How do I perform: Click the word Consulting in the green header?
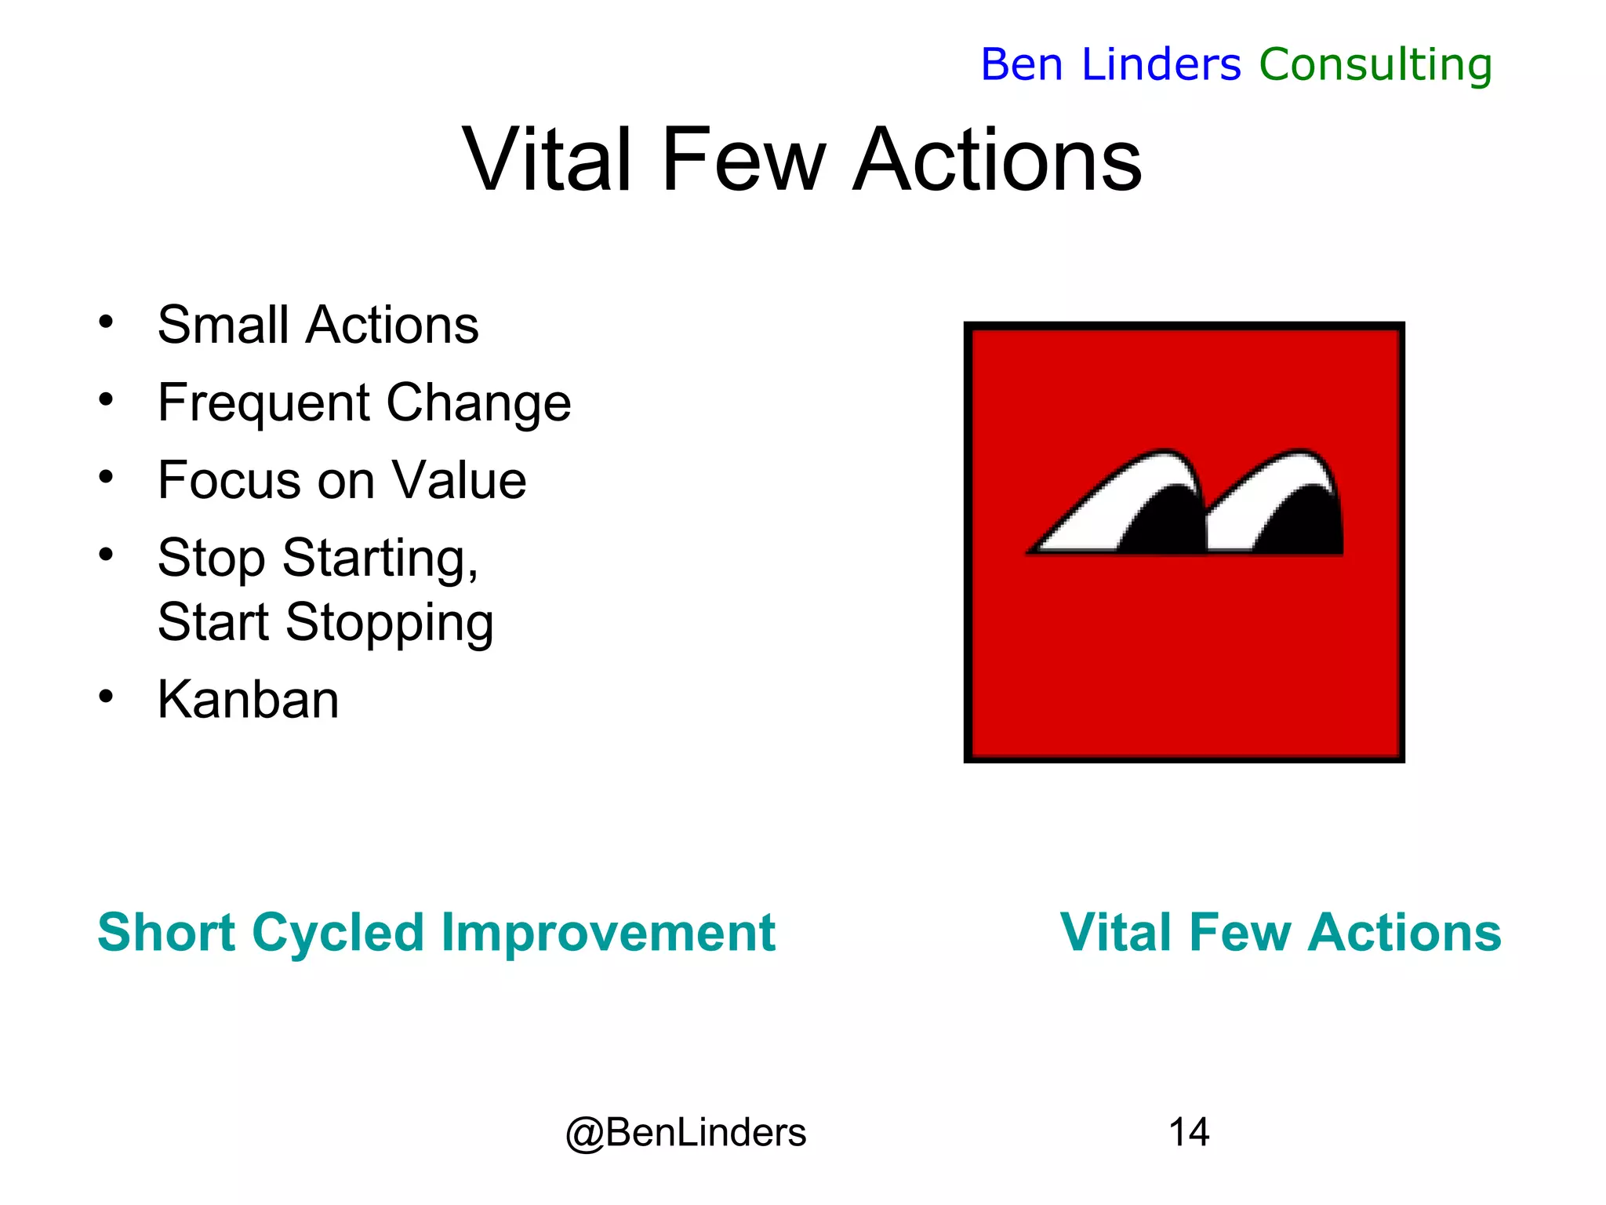[1375, 65]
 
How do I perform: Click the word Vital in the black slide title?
[547, 160]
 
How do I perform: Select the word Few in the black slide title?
[743, 160]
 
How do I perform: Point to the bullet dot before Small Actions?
[107, 322]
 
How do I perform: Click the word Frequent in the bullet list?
[263, 403]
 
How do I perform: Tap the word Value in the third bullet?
[459, 480]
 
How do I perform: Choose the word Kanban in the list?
[248, 699]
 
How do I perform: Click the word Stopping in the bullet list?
[389, 622]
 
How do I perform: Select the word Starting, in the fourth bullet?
[380, 559]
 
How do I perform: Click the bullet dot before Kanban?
[107, 696]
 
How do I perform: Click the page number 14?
[1188, 1132]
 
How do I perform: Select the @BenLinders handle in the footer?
[685, 1132]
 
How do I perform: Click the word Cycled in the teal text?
[337, 934]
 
